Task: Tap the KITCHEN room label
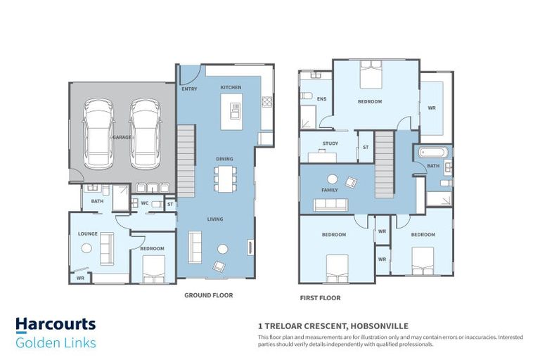click(x=231, y=87)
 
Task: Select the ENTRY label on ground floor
click(x=189, y=89)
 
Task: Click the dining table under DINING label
click(x=225, y=177)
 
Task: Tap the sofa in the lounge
click(x=108, y=247)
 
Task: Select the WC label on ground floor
click(x=145, y=203)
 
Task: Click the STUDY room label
click(x=330, y=143)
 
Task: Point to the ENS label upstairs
click(x=321, y=99)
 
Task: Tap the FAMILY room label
click(x=329, y=190)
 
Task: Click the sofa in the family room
click(x=331, y=205)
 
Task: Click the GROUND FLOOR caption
click(x=208, y=295)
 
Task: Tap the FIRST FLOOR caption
click(x=320, y=298)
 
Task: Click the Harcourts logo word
click(x=56, y=325)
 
